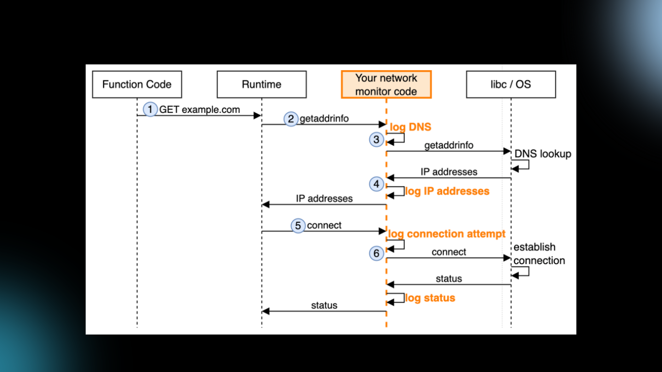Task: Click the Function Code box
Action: click(x=137, y=84)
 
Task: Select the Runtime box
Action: click(x=261, y=84)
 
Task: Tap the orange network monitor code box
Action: click(x=386, y=84)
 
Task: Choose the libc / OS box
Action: click(x=511, y=84)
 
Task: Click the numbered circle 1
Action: click(x=150, y=109)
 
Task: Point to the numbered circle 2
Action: click(x=290, y=119)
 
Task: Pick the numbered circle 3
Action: click(x=376, y=140)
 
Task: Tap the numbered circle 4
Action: click(x=376, y=184)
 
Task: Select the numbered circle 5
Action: click(x=298, y=226)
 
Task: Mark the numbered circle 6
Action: click(x=376, y=253)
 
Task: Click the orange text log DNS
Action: click(x=410, y=127)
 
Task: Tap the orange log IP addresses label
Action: click(x=447, y=191)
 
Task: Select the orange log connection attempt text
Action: click(x=446, y=234)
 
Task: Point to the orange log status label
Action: click(x=430, y=298)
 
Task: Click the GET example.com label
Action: click(x=200, y=109)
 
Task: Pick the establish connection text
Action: click(x=538, y=254)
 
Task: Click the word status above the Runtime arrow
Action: click(x=324, y=305)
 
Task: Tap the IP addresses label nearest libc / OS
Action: click(x=449, y=172)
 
